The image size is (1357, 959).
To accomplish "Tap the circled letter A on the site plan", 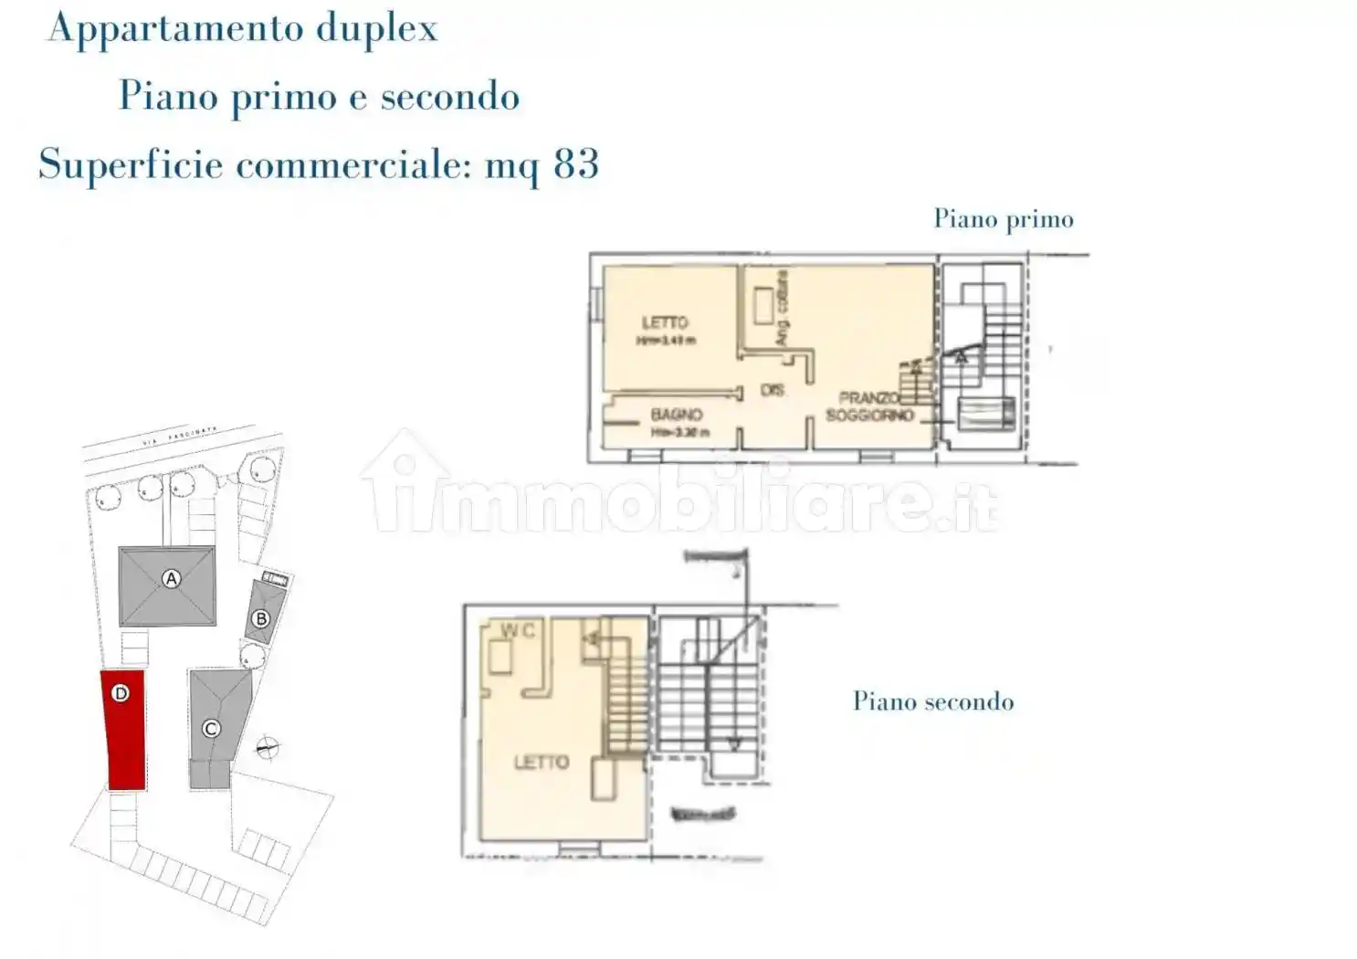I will [x=171, y=578].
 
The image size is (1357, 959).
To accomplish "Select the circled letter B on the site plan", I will [x=261, y=619].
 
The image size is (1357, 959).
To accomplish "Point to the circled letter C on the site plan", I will [x=211, y=728].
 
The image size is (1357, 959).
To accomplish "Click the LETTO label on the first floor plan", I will [x=665, y=323].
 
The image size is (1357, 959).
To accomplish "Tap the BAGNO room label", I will [x=677, y=415].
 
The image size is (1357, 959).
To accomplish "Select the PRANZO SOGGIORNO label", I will [x=869, y=406].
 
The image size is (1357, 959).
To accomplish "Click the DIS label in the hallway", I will [x=773, y=390].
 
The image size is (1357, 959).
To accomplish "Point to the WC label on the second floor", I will [x=517, y=630].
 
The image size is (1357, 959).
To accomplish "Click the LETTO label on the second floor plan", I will [x=542, y=762].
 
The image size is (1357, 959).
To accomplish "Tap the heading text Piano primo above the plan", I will [x=1003, y=219].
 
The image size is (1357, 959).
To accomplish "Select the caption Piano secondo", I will [x=932, y=701].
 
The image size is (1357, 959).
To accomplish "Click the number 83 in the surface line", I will [x=576, y=164].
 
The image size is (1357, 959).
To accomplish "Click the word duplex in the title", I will [x=377, y=29].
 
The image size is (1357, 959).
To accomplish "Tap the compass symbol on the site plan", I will [x=267, y=749].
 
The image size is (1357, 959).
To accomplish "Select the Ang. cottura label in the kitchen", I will [x=782, y=309].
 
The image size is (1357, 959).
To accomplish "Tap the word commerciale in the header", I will [x=353, y=165].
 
